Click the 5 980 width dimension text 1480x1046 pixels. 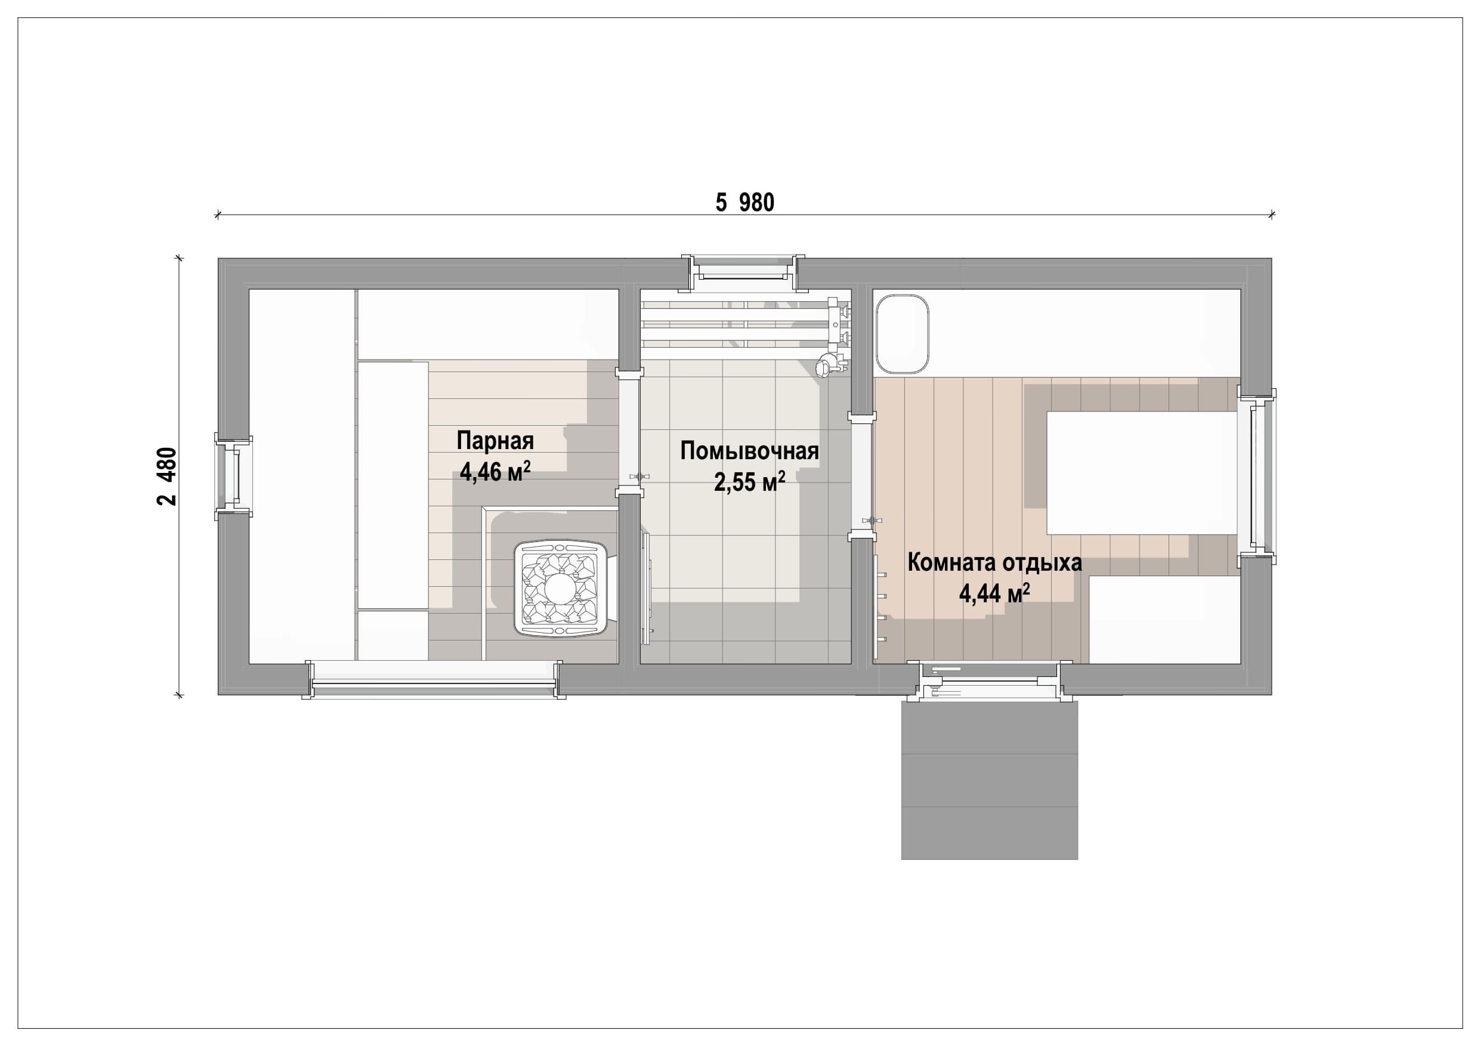tap(744, 202)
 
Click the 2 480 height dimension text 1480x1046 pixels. tap(167, 476)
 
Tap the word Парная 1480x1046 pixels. tap(495, 441)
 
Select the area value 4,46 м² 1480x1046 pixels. tap(495, 471)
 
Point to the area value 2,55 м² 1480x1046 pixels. tap(750, 481)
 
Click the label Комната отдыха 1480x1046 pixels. tap(994, 562)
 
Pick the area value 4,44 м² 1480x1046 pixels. tap(994, 593)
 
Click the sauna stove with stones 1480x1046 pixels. tap(560, 589)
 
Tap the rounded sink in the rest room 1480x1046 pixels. tap(902, 334)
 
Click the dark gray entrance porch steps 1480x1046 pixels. tap(990, 780)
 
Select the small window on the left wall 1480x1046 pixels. tap(233, 477)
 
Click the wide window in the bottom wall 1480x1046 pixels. tap(433, 680)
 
